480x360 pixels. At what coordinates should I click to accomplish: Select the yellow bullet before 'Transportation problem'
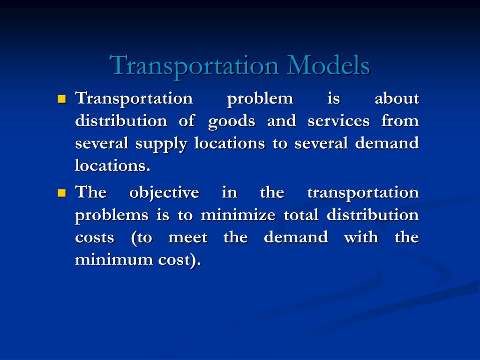tap(61, 99)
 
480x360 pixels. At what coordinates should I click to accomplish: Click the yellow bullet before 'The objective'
tap(61, 193)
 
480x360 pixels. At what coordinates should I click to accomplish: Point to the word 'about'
tap(397, 98)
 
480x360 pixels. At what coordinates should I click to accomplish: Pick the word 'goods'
tap(232, 121)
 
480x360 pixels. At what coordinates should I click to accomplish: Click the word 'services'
tap(338, 121)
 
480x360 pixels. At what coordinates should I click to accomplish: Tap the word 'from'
tap(400, 121)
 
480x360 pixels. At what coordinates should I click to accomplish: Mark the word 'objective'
tap(164, 193)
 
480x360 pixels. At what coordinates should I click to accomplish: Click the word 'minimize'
tap(239, 215)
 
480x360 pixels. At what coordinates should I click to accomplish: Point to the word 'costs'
tap(95, 238)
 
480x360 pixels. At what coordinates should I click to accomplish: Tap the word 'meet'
tap(187, 238)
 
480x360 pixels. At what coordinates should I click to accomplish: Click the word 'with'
tap(360, 238)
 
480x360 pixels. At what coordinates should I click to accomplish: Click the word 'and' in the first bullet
tap(281, 121)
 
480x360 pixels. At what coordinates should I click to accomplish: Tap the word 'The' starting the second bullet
tap(91, 192)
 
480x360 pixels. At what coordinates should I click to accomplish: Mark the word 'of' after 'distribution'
tap(187, 121)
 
